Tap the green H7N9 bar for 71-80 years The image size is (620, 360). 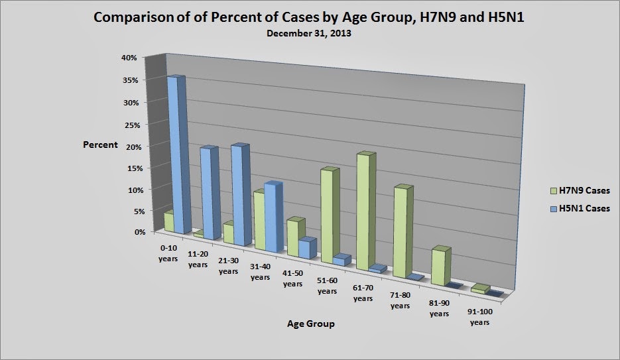tap(401, 232)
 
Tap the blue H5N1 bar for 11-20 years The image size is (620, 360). tap(208, 193)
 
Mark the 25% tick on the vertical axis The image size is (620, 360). tap(129, 124)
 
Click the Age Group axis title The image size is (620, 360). tap(310, 324)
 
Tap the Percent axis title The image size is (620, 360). tap(100, 145)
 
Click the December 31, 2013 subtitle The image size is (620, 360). tap(310, 33)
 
